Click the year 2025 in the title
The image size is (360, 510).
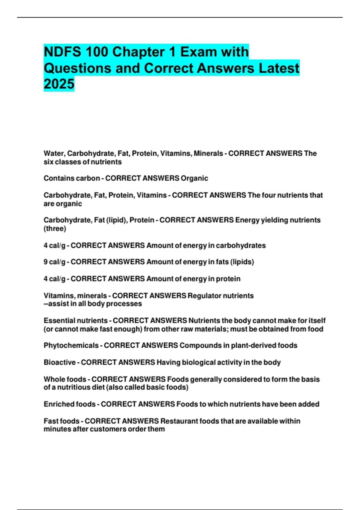(59, 84)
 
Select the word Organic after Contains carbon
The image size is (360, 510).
(194, 178)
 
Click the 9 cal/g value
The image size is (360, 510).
(54, 262)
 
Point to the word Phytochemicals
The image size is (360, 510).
(71, 345)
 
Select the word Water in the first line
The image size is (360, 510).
(54, 153)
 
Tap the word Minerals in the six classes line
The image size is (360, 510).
(208, 153)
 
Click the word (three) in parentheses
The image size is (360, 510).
(55, 229)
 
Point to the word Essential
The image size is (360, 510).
(58, 320)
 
